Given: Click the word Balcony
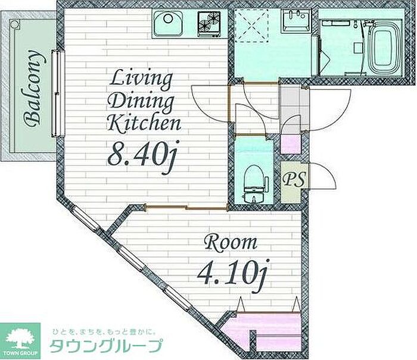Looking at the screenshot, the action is [x=33, y=87].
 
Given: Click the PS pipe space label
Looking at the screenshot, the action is [x=294, y=180].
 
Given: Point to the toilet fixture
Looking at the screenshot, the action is [x=253, y=183].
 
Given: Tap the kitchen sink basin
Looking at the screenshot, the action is [x=168, y=23].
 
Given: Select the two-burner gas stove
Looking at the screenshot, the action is [x=209, y=24].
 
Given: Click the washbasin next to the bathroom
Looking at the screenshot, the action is [x=297, y=20].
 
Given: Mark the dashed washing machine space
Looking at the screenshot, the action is [x=251, y=26].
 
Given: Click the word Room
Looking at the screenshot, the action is [x=231, y=243].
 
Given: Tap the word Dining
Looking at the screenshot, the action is [x=142, y=102].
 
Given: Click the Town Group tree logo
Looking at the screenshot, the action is [x=21, y=340].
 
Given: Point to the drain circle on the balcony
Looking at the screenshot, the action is [x=15, y=24].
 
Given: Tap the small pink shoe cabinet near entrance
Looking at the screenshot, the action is [x=291, y=144].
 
